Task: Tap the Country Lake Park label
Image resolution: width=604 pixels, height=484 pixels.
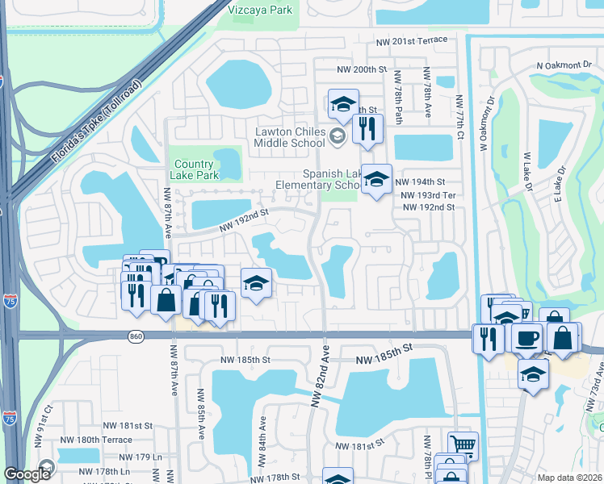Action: tap(195, 169)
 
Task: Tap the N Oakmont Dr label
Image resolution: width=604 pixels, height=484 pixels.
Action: tap(564, 65)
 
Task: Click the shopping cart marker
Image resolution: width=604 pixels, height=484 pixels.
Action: tap(463, 444)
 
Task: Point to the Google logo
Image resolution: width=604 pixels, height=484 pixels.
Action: tap(27, 474)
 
